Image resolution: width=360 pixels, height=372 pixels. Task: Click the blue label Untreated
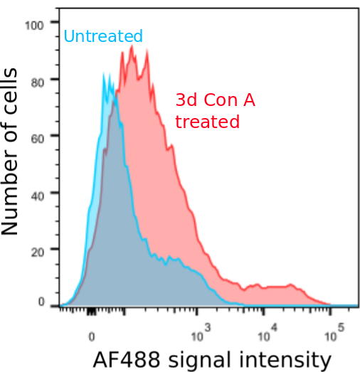click(x=103, y=36)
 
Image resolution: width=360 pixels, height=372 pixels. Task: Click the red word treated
click(x=207, y=122)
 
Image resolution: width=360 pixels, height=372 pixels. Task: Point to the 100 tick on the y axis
click(x=34, y=25)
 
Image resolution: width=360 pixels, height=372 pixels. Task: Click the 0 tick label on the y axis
click(x=41, y=303)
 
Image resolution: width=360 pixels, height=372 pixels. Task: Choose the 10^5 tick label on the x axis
click(x=331, y=331)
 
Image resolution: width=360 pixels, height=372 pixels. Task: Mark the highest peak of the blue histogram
click(x=104, y=73)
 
